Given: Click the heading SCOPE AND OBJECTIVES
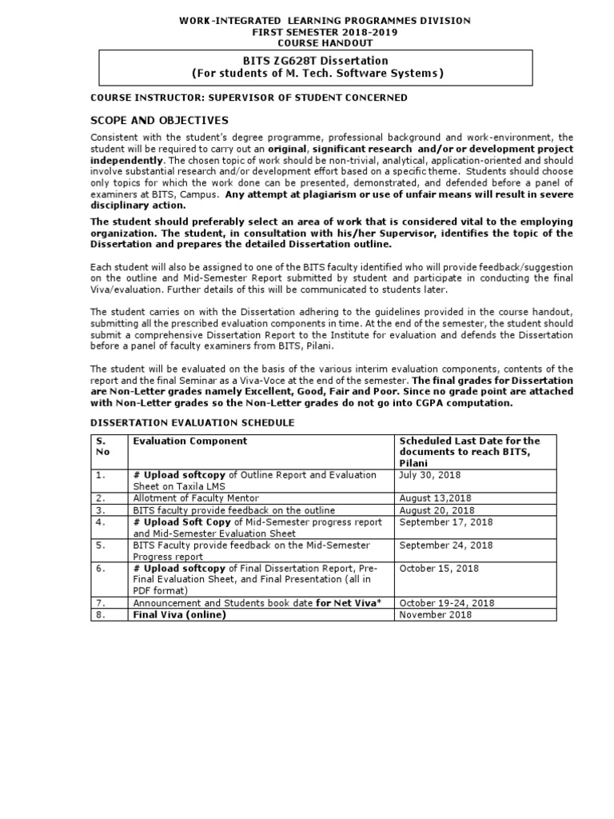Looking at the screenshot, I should [x=159, y=120].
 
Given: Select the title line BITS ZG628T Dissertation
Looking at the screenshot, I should [x=315, y=61].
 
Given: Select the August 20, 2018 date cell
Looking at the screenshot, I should [x=437, y=510].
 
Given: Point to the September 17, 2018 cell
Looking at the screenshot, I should [x=446, y=522].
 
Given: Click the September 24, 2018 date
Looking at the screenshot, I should [x=446, y=545].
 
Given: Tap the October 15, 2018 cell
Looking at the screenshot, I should [x=439, y=569].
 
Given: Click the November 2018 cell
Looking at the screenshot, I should [x=435, y=615].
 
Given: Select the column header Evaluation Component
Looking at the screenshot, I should [x=190, y=441].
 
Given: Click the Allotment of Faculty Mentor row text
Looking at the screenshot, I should [x=196, y=498].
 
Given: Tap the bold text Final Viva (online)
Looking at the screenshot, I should [x=180, y=615].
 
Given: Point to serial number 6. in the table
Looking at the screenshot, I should [x=101, y=569].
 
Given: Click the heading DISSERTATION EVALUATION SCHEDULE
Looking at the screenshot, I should [x=192, y=422].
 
